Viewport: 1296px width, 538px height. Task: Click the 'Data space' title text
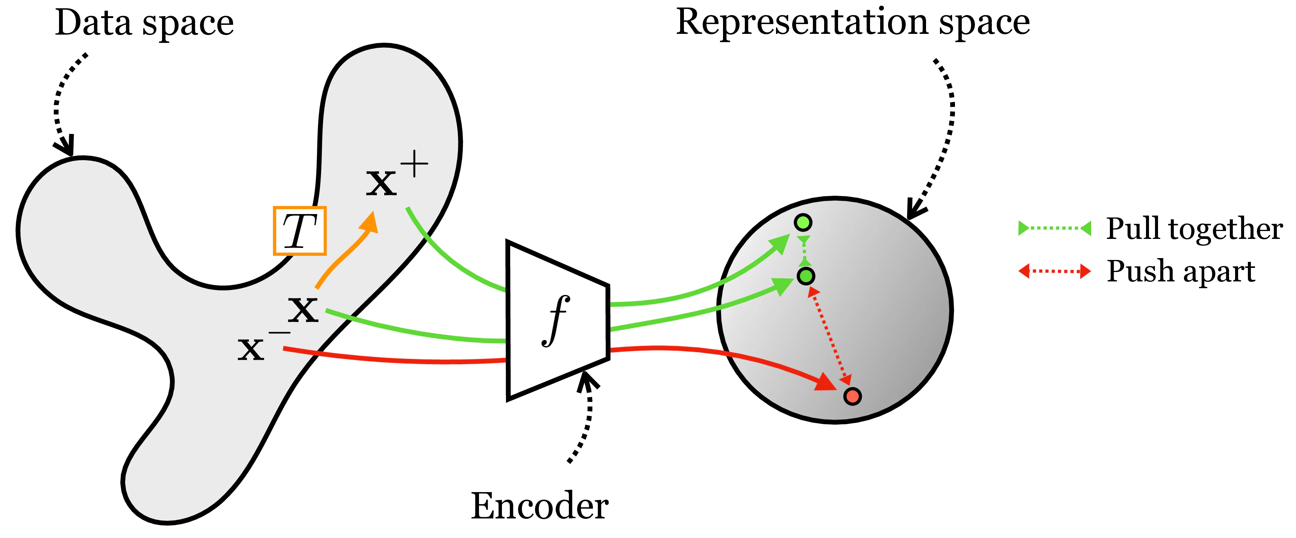tap(144, 24)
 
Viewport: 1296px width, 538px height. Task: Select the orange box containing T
tap(300, 231)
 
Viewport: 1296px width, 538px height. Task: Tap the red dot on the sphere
tap(852, 396)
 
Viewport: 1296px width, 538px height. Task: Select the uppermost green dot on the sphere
tap(803, 222)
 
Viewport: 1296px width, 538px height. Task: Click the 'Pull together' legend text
tap(1193, 229)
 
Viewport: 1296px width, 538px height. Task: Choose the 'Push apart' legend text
tap(1181, 272)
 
